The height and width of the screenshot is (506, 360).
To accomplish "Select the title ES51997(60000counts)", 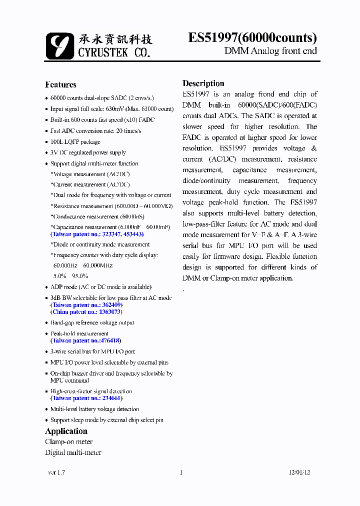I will coord(252,38).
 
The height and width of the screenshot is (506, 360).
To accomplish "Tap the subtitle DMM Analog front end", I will coord(270,51).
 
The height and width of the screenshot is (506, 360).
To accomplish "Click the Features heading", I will coord(60,84).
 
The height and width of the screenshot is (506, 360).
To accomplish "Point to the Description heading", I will coord(203,83).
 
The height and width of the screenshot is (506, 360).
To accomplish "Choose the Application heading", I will coord(66,431).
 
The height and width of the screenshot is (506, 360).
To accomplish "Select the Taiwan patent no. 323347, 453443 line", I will coord(97,234).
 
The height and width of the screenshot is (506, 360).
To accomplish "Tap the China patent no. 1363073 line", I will coord(85,312).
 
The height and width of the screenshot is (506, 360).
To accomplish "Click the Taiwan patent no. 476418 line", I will coord(85,340).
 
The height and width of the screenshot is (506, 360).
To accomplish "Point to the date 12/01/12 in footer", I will coord(299,472).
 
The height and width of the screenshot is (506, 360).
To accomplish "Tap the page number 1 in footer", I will coord(180,472).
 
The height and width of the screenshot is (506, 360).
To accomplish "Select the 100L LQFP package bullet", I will coord(75,142).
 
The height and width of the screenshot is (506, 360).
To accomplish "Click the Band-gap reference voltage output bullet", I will coord(92,323).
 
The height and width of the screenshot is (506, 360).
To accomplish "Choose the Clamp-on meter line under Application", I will coord(69,441).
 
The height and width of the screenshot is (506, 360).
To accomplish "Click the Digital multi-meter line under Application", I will coord(73,452).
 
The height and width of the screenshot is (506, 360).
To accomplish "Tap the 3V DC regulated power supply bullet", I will coord(88,152).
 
